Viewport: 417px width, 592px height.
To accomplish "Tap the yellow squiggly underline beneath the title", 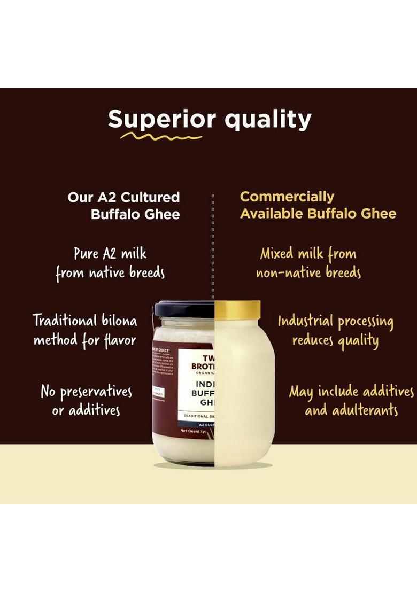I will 161,137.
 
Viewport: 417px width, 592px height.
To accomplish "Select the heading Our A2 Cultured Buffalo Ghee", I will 123,206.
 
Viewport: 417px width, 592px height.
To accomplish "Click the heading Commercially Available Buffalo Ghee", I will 318,205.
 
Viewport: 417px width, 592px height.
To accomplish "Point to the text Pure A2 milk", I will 110,253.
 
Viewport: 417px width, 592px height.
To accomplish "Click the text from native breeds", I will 110,274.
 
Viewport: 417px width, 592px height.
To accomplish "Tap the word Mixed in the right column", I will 276,253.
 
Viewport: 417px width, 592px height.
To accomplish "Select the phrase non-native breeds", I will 308,274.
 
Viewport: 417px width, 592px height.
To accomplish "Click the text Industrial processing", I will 335,322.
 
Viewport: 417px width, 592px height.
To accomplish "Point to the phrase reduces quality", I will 335,341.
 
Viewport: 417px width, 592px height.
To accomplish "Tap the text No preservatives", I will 86,392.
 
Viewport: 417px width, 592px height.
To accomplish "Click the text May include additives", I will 351,392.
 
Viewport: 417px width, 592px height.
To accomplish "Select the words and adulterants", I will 351,410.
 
